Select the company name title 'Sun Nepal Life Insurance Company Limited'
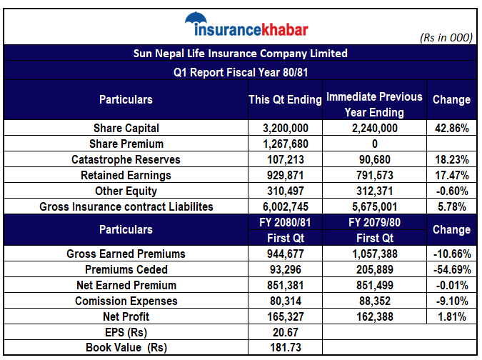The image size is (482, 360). [241, 54]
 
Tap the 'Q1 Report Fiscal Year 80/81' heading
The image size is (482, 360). [241, 72]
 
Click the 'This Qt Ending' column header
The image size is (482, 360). [284, 100]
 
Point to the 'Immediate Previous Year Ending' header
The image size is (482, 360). [374, 104]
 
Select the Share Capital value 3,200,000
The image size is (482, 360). [285, 129]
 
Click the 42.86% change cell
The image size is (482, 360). [451, 129]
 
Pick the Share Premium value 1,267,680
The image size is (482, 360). [285, 144]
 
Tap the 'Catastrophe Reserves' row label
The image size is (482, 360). [126, 159]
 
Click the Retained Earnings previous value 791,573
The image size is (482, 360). [374, 175]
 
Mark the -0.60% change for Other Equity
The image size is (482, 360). [451, 191]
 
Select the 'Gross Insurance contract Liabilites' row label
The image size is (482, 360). [126, 206]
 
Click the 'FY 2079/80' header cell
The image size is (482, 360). [374, 223]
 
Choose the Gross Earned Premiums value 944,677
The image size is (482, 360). [285, 254]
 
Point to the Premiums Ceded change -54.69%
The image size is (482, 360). [451, 269]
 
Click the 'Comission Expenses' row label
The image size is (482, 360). [126, 301]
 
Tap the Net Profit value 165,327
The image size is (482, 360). [285, 316]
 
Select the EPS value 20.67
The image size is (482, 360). [285, 332]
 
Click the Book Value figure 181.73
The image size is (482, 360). [285, 348]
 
